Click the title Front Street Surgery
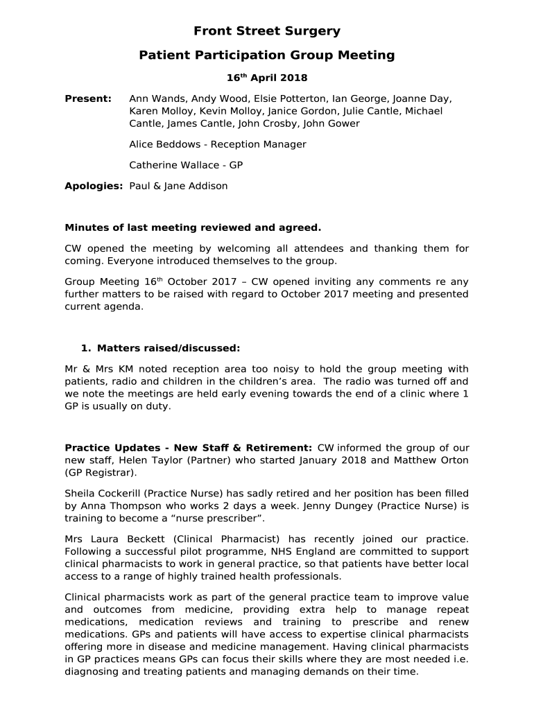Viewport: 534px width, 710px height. pos(267,31)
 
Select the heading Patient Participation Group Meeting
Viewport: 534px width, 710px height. pos(267,55)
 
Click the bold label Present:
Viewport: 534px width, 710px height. pos(88,99)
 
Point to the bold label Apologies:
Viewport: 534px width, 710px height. pos(94,186)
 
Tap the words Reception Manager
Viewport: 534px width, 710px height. pos(259,144)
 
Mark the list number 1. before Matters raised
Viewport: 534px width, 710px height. pos(86,348)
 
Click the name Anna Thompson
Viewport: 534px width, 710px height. pos(116,506)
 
